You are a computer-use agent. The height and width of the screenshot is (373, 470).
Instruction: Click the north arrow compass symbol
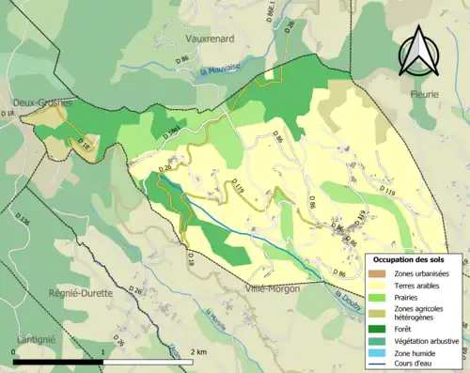click(x=418, y=51)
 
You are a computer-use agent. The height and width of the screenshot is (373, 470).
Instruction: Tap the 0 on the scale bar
click(x=14, y=351)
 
